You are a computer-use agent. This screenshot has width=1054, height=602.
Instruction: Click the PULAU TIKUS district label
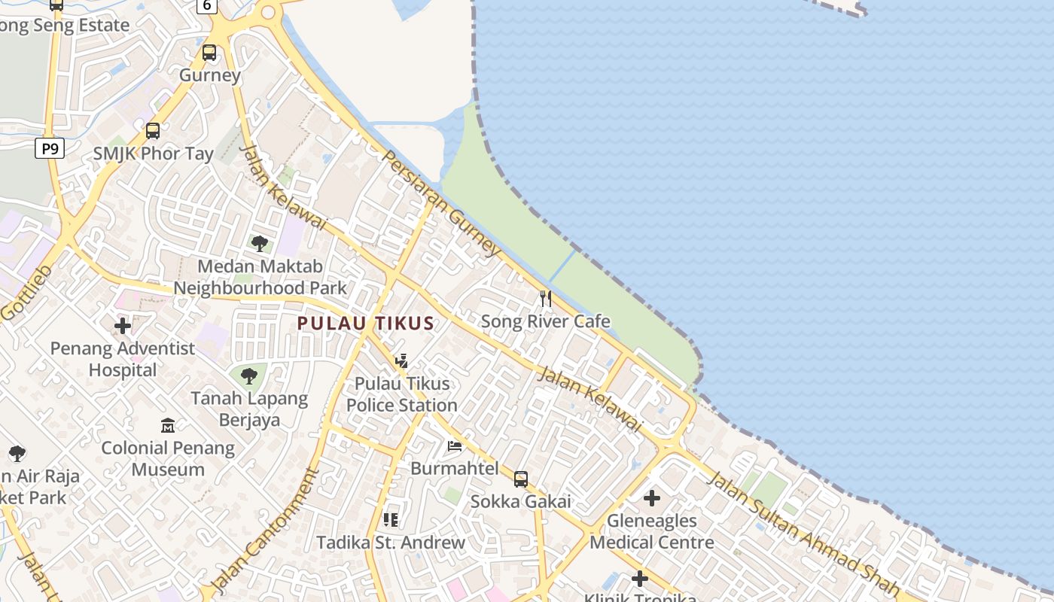pyautogui.click(x=366, y=324)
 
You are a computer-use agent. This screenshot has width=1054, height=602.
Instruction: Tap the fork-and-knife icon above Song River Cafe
pyautogui.click(x=546, y=299)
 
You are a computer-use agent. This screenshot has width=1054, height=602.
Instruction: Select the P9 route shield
pyautogui.click(x=50, y=148)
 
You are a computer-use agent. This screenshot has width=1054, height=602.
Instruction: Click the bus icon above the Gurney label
pyautogui.click(x=209, y=53)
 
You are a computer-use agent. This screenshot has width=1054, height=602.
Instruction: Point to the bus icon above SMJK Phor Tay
pyautogui.click(x=153, y=131)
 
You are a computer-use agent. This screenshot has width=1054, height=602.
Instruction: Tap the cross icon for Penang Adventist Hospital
pyautogui.click(x=123, y=327)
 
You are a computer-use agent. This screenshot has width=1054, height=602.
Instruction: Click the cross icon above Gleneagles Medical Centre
pyautogui.click(x=652, y=498)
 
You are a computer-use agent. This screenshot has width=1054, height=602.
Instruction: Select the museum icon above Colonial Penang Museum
pyautogui.click(x=168, y=426)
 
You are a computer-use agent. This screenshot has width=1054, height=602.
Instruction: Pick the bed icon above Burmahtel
pyautogui.click(x=455, y=446)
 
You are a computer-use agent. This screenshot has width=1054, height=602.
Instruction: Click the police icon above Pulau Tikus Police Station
pyautogui.click(x=402, y=361)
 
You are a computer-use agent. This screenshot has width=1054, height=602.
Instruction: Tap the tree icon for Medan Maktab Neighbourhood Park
pyautogui.click(x=260, y=244)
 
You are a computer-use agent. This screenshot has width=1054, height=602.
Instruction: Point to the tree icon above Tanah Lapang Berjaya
pyautogui.click(x=249, y=375)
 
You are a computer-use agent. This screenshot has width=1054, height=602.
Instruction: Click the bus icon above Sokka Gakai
pyautogui.click(x=521, y=479)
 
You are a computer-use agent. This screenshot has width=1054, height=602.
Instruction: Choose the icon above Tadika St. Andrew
pyautogui.click(x=391, y=520)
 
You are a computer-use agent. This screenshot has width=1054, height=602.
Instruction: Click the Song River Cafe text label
pyautogui.click(x=546, y=322)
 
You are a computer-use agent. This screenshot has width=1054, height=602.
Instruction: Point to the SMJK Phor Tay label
pyautogui.click(x=154, y=154)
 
